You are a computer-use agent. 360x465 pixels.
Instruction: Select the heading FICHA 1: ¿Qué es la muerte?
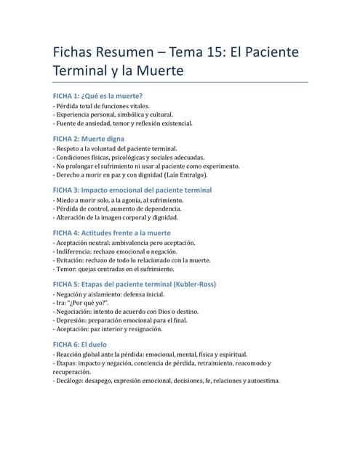point(97,96)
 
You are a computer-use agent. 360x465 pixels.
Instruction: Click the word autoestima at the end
point(261,380)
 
